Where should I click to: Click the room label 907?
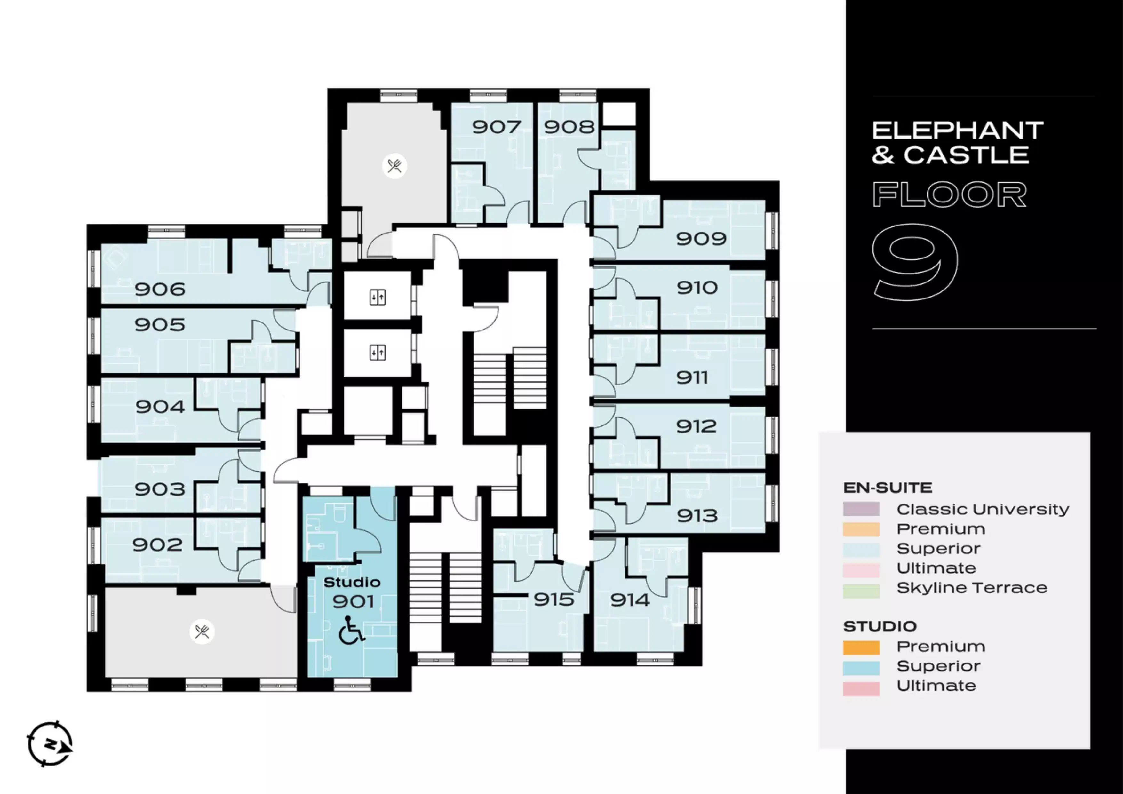pyautogui.click(x=496, y=127)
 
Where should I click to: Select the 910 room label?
pyautogui.click(x=697, y=288)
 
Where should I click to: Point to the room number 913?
pyautogui.click(x=697, y=515)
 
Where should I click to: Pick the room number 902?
pyautogui.click(x=157, y=545)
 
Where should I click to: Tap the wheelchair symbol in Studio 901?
pyautogui.click(x=352, y=631)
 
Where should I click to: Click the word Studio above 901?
pyautogui.click(x=352, y=582)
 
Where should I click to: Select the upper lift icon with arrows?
pyautogui.click(x=378, y=297)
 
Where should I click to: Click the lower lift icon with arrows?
pyautogui.click(x=378, y=353)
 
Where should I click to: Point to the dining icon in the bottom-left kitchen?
pyautogui.click(x=202, y=632)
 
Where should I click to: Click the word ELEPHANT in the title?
pyautogui.click(x=958, y=131)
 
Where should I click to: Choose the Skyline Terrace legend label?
pyautogui.click(x=972, y=588)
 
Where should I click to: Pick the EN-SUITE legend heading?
pyautogui.click(x=888, y=488)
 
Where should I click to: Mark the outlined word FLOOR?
pyautogui.click(x=949, y=195)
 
